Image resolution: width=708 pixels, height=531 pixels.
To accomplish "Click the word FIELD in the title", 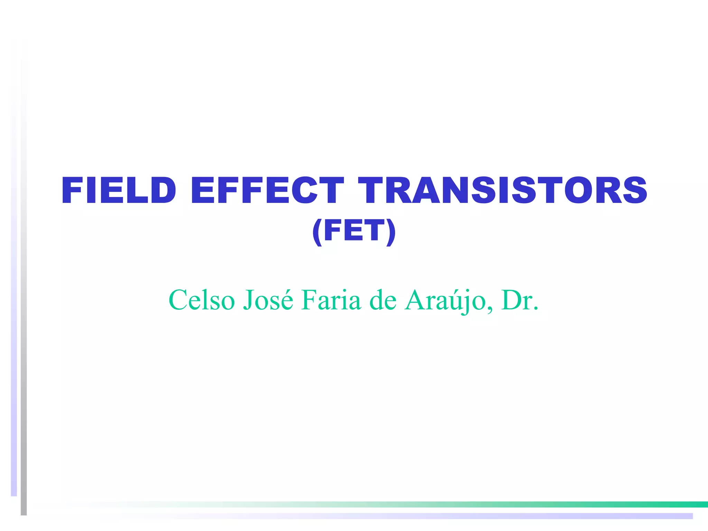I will click(119, 190).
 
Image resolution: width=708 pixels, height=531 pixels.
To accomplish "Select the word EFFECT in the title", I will click(267, 190).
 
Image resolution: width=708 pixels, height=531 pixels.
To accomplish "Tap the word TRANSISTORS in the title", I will click(502, 190).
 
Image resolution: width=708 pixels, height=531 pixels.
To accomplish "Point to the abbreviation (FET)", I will click(354, 231).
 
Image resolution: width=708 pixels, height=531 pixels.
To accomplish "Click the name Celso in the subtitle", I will click(202, 300).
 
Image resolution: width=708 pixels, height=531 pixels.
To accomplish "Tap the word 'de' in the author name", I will click(383, 300).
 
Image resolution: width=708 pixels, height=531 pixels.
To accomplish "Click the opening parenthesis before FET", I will click(317, 232).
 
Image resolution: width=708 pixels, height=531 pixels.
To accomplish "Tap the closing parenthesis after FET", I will click(391, 232).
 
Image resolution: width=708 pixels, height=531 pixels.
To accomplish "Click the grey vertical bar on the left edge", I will click(24, 311).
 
